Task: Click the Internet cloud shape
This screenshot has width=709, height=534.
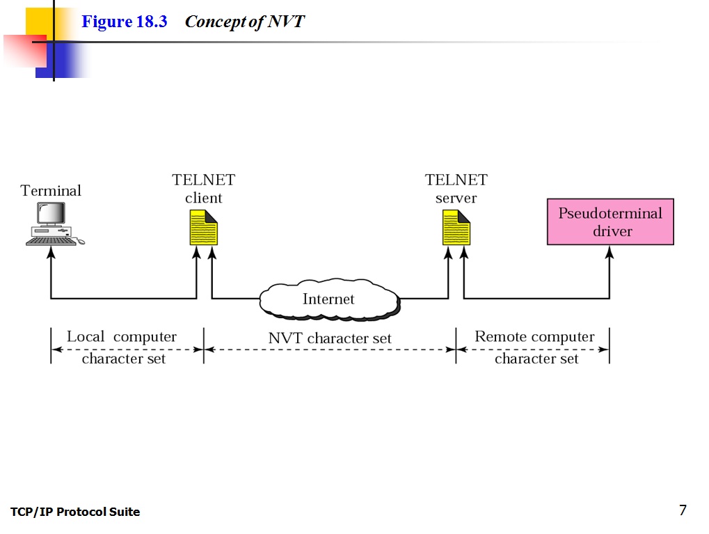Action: pos(329,300)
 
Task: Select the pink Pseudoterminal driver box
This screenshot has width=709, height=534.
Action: pos(610,221)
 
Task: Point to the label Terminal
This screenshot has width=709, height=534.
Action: pos(51,191)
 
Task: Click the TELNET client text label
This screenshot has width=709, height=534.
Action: pos(204,189)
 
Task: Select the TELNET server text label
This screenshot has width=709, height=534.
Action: pos(456,189)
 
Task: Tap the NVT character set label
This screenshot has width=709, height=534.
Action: pos(330,338)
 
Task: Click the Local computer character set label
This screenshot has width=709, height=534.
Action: pos(122,347)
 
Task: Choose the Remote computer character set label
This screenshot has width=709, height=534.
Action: pos(535,347)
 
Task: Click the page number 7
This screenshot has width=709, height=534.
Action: pos(683,510)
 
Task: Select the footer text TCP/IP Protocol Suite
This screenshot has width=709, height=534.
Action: pos(75,512)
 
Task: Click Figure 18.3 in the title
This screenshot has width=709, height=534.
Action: pos(125,22)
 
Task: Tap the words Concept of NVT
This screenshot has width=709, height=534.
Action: pos(245,22)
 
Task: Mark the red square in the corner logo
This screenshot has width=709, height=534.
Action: pos(24,51)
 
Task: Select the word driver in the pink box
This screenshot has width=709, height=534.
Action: pos(612,231)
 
